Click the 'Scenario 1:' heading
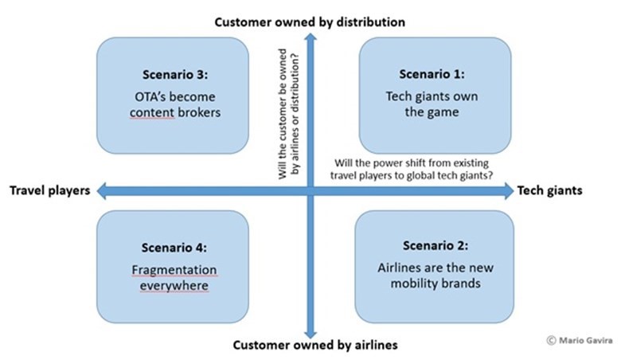pyautogui.click(x=432, y=74)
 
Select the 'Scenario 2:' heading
pyautogui.click(x=435, y=245)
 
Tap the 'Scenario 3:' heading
pyautogui.click(x=175, y=74)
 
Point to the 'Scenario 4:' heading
pyautogui.click(x=174, y=248)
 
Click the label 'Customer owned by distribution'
pyautogui.click(x=310, y=22)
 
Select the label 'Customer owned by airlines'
pyautogui.click(x=315, y=345)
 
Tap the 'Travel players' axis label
pyautogui.click(x=50, y=190)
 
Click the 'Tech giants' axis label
pyautogui.click(x=549, y=190)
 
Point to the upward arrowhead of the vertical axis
pyautogui.click(x=310, y=37)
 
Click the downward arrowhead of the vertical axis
pyautogui.click(x=310, y=334)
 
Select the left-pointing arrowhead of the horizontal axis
pyautogui.click(x=101, y=191)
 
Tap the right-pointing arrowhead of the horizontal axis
pyautogui.click(x=510, y=191)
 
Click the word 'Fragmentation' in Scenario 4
pyautogui.click(x=174, y=270)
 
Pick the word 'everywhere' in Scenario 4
pyautogui.click(x=174, y=286)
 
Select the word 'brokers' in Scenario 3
pyautogui.click(x=199, y=112)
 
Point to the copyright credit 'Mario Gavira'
pyautogui.click(x=585, y=340)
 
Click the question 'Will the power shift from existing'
pyautogui.click(x=412, y=163)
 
